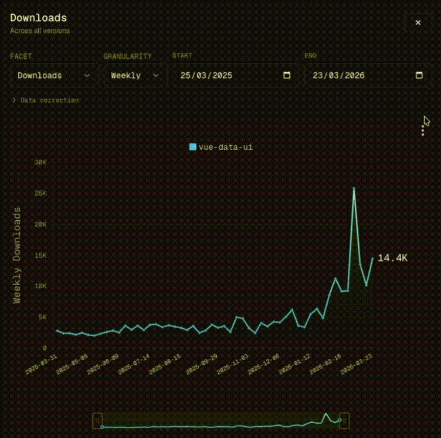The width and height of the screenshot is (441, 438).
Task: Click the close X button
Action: (418, 22)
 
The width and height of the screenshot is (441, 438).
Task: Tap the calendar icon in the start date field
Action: (287, 75)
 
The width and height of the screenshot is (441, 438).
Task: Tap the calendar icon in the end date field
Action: (419, 75)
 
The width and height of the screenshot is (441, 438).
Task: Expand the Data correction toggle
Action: (45, 100)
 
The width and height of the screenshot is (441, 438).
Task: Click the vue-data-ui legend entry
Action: (221, 147)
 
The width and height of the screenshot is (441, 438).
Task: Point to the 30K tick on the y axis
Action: (40, 162)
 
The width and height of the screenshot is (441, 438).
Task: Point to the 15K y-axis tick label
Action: (40, 255)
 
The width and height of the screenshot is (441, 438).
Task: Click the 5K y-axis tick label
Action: (42, 317)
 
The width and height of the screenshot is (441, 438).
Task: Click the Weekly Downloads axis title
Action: (17, 255)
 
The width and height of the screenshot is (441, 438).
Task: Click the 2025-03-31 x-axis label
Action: (41, 365)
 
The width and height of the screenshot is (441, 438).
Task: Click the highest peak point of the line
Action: (354, 188)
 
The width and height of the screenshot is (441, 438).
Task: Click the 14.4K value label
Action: (392, 258)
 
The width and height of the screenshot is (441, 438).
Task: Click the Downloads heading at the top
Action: (38, 18)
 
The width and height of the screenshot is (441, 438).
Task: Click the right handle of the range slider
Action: (344, 420)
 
